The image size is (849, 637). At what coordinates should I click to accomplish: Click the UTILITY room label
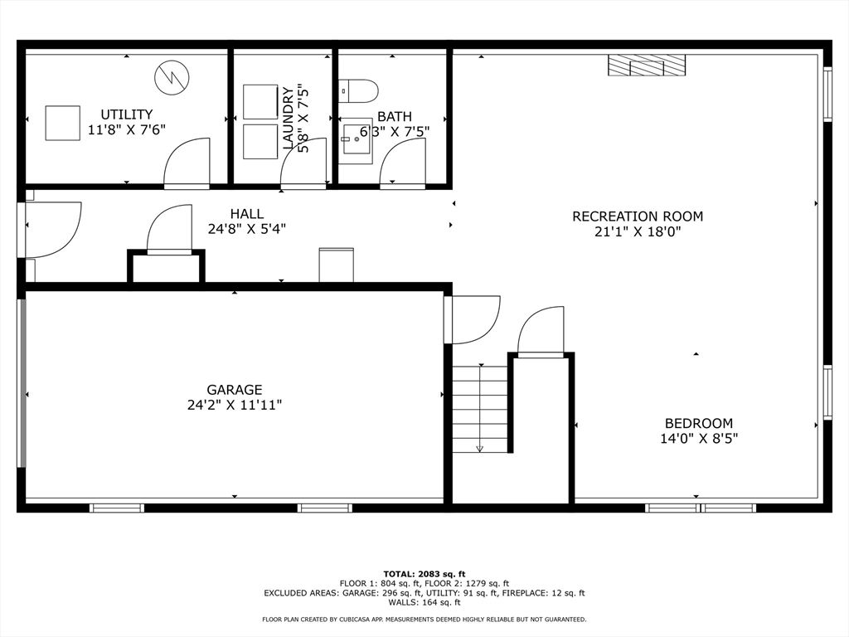point(127,114)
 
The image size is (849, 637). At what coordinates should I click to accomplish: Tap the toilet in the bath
point(358,91)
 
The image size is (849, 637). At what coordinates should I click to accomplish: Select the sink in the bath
point(357,139)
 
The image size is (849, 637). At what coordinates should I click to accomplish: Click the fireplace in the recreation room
point(647,65)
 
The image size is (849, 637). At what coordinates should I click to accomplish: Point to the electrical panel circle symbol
point(172,77)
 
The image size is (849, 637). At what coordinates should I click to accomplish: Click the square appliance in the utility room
point(62,124)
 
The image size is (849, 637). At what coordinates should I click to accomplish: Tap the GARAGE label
point(235,390)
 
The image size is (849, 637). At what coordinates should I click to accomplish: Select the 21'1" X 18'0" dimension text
point(638,232)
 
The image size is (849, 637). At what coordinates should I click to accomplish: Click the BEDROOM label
point(698,423)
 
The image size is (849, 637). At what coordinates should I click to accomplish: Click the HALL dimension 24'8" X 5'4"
point(247,229)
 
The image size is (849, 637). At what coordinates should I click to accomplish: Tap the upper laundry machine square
point(260,101)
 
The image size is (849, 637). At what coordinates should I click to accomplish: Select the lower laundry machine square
point(260,142)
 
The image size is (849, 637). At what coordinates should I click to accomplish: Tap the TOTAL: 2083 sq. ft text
point(424,574)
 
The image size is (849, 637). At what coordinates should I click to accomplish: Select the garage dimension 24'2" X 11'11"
point(235,405)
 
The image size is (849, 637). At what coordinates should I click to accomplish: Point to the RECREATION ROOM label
point(638,216)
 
